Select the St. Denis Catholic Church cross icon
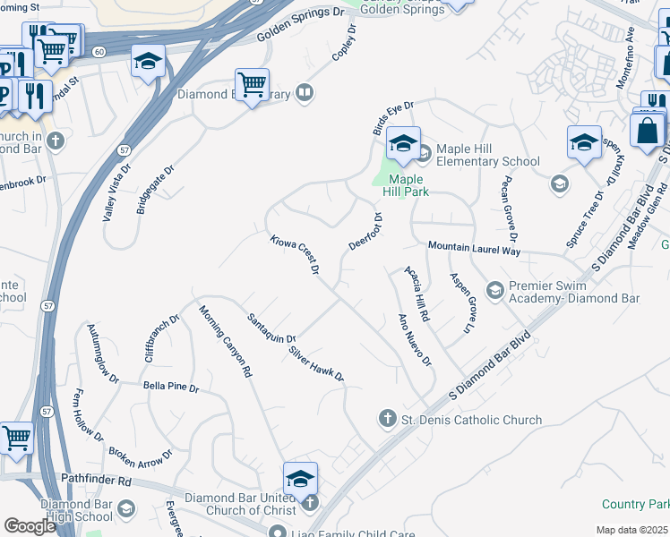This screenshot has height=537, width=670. click(x=388, y=418)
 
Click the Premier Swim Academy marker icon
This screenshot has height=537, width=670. click(x=494, y=290)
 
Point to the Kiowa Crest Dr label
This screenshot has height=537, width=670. click(x=296, y=255)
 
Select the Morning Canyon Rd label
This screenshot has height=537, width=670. click(x=225, y=341)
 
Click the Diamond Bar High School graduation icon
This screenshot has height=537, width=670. click(x=126, y=508)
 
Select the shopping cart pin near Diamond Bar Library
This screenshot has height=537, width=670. click(x=253, y=86)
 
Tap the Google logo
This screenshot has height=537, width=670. click(x=30, y=525)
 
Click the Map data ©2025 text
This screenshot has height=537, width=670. click(x=631, y=530)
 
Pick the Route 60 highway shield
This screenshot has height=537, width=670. click(x=98, y=52)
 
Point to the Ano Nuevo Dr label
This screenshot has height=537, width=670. click(x=415, y=340)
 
